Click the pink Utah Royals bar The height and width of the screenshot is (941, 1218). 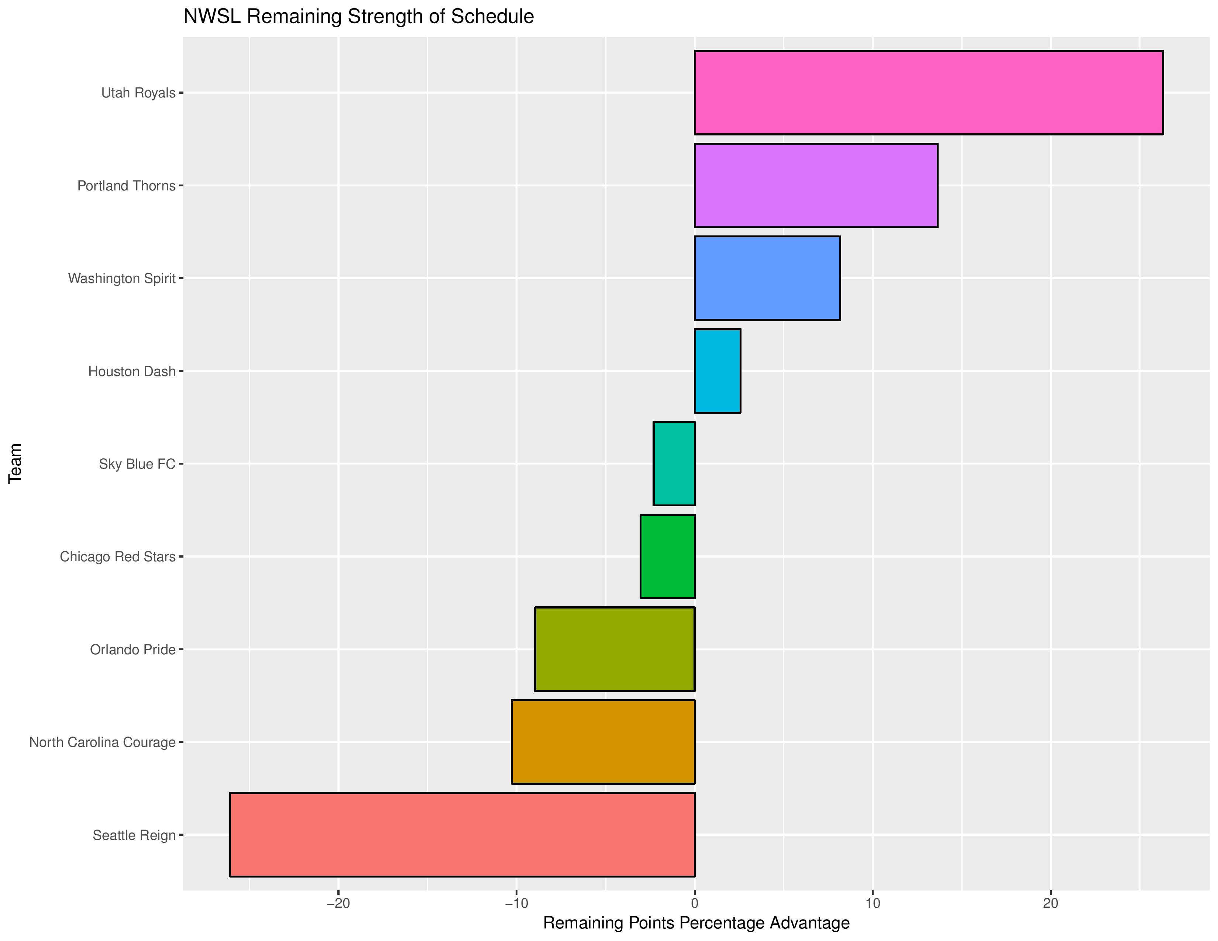click(929, 93)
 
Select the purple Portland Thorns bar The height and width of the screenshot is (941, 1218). click(816, 185)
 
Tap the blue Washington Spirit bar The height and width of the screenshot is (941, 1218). click(767, 278)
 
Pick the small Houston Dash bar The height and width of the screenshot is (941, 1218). click(717, 371)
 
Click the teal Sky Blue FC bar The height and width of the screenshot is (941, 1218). click(674, 464)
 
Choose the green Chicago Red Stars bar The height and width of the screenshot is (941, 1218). click(668, 556)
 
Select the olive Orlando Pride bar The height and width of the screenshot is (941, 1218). click(615, 649)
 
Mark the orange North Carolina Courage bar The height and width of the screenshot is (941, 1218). click(603, 742)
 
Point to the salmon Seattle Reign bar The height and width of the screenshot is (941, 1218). click(462, 834)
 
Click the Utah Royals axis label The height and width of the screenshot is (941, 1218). click(138, 93)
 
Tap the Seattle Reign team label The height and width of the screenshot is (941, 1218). click(134, 835)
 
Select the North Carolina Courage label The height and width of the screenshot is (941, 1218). click(103, 742)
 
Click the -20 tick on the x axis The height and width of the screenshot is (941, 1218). click(338, 903)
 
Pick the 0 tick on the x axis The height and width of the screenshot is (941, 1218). click(694, 903)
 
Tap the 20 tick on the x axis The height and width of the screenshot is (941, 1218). click(1051, 903)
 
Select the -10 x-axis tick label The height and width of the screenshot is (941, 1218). click(516, 903)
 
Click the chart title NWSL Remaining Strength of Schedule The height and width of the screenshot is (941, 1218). click(359, 17)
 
